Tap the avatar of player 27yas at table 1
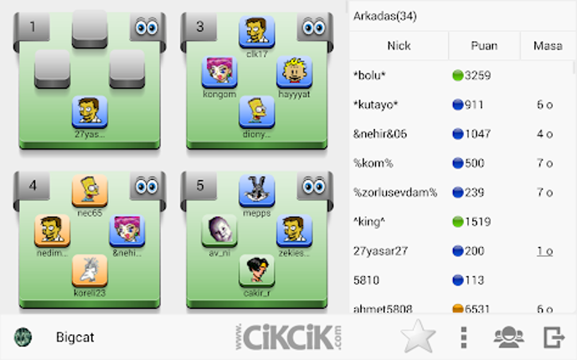(x=90, y=111)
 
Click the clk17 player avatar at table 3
(x=256, y=33)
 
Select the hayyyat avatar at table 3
(x=295, y=72)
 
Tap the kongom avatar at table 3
(x=219, y=72)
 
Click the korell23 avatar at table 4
(x=90, y=270)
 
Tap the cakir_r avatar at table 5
(x=256, y=270)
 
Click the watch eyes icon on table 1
(x=147, y=27)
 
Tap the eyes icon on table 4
(x=147, y=185)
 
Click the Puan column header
(x=484, y=46)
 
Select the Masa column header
(x=548, y=46)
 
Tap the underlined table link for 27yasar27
(x=544, y=250)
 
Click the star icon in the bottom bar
(x=418, y=337)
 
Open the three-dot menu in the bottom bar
(x=464, y=337)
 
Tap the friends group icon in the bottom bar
(x=508, y=337)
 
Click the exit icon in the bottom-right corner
(x=553, y=337)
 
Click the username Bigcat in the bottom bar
(x=74, y=337)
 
